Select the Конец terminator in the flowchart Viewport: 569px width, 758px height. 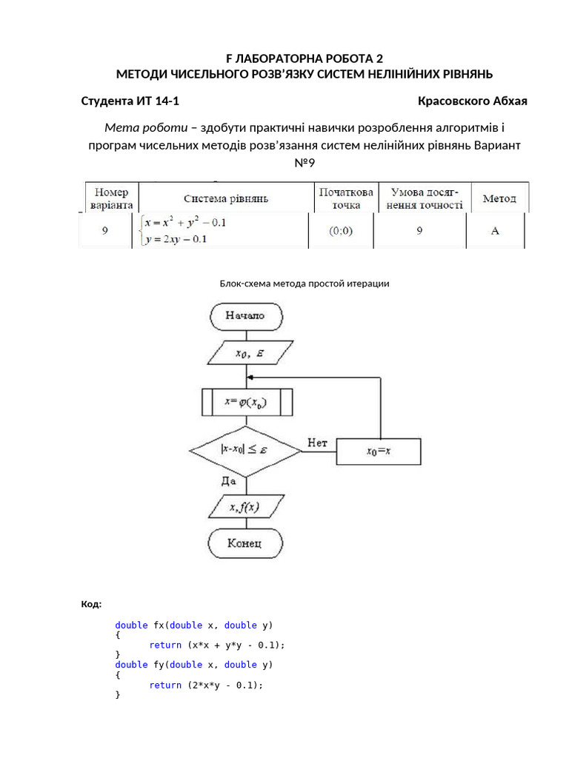coord(244,543)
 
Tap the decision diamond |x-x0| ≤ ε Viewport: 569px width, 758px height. coord(244,449)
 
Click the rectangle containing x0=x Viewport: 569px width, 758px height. coord(379,450)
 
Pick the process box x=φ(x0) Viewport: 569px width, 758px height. coord(247,403)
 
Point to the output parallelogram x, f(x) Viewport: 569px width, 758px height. coord(244,507)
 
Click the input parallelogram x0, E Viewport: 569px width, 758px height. coord(246,354)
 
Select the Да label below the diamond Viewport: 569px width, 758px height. coord(228,480)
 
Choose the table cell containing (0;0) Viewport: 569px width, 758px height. coord(341,230)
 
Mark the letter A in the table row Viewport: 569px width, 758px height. coord(495,230)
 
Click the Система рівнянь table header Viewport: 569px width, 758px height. coord(226,198)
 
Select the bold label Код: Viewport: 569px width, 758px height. coord(91,605)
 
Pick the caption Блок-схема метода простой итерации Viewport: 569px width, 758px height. coord(305,284)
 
